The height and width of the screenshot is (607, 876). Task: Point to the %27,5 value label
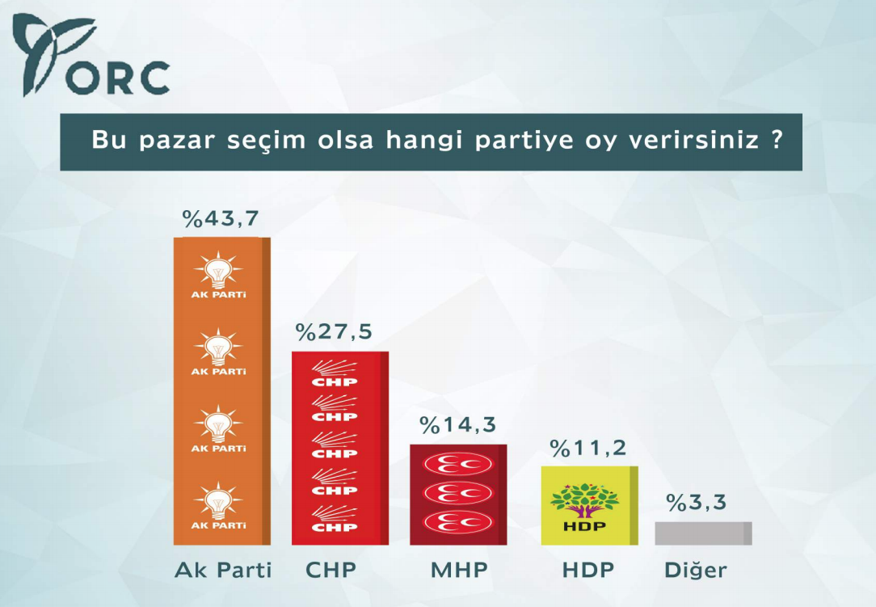[334, 332]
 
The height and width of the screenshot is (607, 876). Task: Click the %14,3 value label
[457, 424]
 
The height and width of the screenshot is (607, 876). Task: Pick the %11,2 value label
[588, 449]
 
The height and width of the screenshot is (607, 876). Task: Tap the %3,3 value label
[697, 503]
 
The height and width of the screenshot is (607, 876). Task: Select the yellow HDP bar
[589, 505]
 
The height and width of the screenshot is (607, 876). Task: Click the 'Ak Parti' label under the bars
[223, 570]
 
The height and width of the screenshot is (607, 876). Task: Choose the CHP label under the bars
[331, 570]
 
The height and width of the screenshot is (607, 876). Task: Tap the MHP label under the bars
[458, 570]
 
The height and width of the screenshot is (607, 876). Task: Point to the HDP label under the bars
[588, 570]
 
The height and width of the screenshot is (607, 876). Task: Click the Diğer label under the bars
[695, 571]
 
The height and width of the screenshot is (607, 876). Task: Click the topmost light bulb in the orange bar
[218, 270]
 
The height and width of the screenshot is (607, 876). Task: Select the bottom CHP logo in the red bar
[335, 516]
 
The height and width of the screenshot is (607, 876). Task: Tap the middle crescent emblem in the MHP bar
[458, 492]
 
